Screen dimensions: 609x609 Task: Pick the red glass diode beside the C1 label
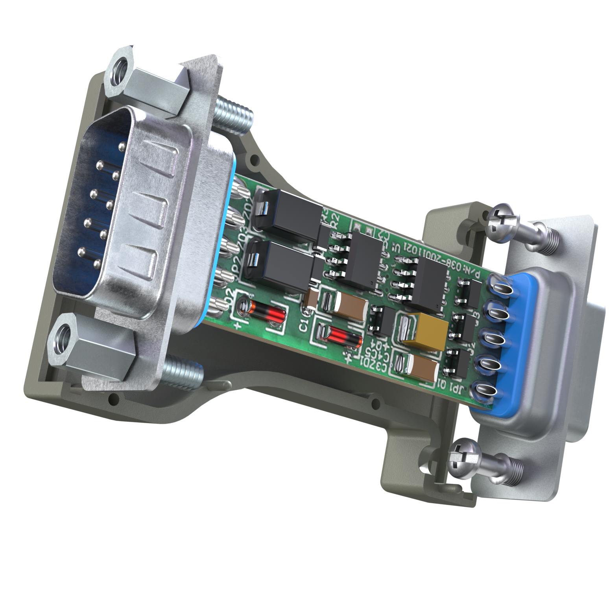339,336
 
